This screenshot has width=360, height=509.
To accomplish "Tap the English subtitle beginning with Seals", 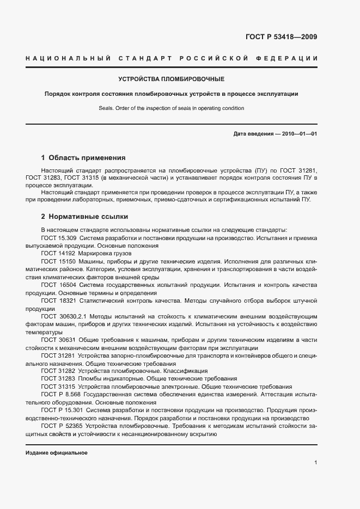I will click(x=171, y=108).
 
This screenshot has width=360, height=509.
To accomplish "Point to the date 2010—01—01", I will click(x=298, y=134).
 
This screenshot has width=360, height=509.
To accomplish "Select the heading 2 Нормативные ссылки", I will click(x=84, y=216).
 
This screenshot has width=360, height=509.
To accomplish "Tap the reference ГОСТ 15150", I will click(x=57, y=261).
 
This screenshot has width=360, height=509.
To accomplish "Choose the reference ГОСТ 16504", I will click(x=57, y=285).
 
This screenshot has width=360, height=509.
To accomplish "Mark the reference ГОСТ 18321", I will click(x=57, y=301).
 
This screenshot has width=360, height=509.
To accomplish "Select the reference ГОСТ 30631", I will click(x=57, y=340).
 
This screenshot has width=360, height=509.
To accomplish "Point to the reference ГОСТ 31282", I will click(x=57, y=371).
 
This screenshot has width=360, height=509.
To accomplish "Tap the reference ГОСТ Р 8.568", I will click(x=60, y=394).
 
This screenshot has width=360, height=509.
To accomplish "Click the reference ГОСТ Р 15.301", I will click(x=62, y=410).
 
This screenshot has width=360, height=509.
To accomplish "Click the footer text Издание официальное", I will click(x=57, y=453).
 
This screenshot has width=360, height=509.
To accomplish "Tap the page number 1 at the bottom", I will click(x=316, y=463).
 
